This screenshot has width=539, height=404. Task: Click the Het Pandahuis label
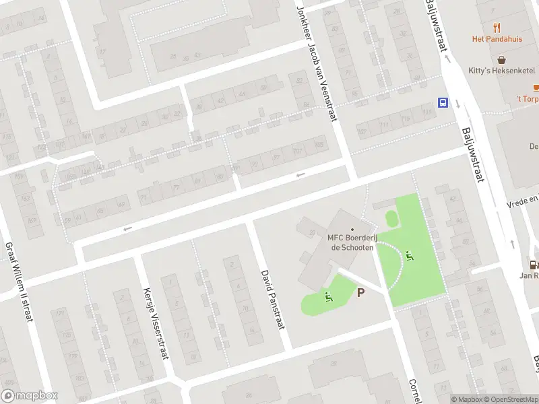(x=497, y=39)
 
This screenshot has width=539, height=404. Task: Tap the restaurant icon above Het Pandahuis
(x=497, y=28)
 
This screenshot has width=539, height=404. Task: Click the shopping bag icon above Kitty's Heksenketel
(x=502, y=59)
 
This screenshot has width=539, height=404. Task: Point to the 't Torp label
(x=528, y=99)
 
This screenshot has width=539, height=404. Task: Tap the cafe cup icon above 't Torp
(x=536, y=88)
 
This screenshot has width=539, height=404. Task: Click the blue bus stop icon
(x=443, y=103)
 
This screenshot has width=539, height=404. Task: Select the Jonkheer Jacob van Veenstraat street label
(x=317, y=64)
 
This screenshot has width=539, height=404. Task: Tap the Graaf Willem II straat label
(x=20, y=282)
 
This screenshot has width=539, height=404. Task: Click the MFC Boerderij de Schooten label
(x=351, y=241)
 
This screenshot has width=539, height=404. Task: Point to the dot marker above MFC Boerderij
(x=352, y=230)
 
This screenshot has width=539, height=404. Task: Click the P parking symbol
(x=360, y=292)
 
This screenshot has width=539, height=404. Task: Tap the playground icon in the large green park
(x=410, y=256)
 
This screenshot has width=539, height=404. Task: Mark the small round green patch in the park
(x=391, y=218)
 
